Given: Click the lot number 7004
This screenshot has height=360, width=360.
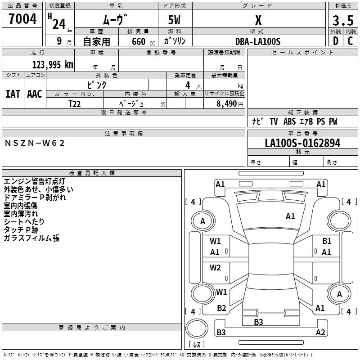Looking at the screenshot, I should (22, 19).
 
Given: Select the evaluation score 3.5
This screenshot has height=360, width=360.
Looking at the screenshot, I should (342, 21).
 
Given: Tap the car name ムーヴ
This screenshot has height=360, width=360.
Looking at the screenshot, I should (116, 20).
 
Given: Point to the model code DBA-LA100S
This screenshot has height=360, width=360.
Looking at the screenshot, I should (258, 41).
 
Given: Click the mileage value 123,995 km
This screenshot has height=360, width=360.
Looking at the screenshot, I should (53, 65).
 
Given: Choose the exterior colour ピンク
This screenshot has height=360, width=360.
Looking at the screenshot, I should (96, 85).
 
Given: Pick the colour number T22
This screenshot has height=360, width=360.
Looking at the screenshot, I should (75, 103).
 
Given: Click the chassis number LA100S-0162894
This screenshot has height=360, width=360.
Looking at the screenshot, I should (302, 144).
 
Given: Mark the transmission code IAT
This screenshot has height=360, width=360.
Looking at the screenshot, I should (13, 94).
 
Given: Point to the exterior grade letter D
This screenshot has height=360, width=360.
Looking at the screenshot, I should (335, 41).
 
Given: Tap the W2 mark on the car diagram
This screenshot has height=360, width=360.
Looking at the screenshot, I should (216, 268).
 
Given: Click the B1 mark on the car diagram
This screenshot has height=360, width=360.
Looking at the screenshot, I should (327, 241).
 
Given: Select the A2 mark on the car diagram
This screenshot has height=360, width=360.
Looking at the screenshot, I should (320, 333).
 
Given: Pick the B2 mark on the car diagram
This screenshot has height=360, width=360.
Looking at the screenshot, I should (221, 308).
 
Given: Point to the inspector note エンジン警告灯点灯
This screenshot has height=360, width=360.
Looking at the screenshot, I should (35, 181).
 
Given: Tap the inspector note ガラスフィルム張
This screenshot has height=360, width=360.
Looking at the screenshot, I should (31, 238).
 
